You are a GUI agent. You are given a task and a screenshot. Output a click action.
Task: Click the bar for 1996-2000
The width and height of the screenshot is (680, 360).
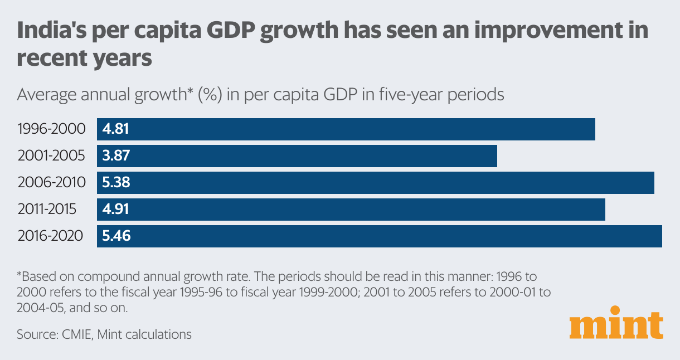[346, 129]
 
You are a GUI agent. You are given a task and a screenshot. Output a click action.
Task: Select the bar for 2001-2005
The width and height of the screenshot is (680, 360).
[297, 156]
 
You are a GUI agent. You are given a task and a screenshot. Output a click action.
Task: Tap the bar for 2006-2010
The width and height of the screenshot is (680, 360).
[376, 183]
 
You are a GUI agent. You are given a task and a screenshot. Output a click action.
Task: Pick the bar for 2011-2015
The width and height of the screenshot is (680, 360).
[351, 210]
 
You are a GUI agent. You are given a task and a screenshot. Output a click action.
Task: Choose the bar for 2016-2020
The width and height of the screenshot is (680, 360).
[380, 236]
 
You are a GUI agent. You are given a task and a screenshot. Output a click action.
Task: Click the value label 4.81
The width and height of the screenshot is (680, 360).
[116, 129]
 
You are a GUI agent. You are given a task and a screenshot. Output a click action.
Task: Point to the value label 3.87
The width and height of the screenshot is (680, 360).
[116, 156]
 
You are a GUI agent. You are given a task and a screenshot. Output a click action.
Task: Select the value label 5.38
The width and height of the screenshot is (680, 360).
[116, 183]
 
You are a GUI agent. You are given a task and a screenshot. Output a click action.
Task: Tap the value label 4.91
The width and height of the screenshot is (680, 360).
[116, 210]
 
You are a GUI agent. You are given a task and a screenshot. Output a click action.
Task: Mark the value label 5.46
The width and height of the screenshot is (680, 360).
[116, 236]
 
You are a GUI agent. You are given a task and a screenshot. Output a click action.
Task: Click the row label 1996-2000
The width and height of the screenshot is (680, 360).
[52, 129]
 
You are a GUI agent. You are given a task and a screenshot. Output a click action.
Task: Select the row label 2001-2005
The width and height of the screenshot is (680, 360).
[52, 156]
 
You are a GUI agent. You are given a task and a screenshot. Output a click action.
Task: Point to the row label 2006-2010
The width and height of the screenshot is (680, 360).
[52, 183]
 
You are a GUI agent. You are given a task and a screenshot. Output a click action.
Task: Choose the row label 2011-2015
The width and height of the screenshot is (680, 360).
[47, 210]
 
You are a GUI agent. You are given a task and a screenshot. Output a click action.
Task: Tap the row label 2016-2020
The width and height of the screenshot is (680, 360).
[50, 236]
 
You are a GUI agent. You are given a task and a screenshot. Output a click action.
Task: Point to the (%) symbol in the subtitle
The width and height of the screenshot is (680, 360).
[200, 95]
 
